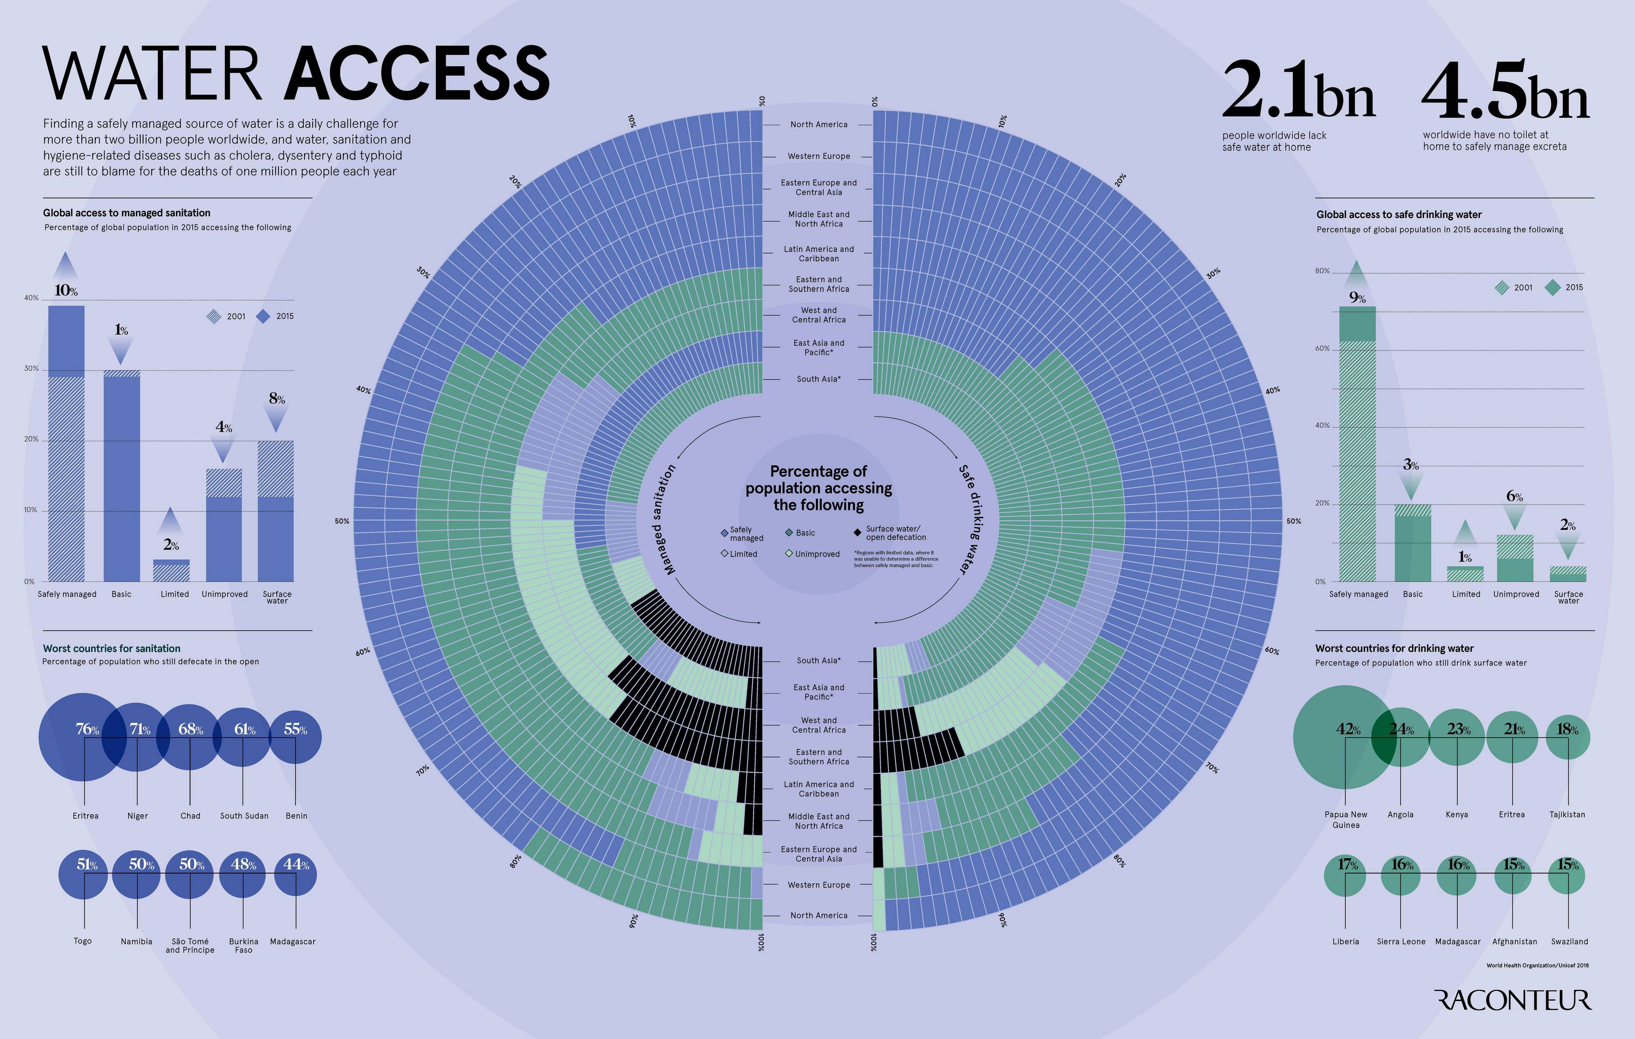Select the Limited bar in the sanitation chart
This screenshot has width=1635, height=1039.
click(x=171, y=570)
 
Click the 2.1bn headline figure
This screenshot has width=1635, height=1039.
click(x=1298, y=90)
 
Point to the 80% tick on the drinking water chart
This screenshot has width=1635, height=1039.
click(x=1322, y=271)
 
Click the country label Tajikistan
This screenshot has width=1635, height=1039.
click(x=1567, y=814)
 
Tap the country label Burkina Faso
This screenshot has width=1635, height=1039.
click(x=243, y=945)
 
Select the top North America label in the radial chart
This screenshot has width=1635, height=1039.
click(x=819, y=124)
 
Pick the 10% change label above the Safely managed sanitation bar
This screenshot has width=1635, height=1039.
click(x=66, y=291)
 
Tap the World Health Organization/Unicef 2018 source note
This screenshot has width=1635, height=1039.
click(x=1537, y=965)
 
